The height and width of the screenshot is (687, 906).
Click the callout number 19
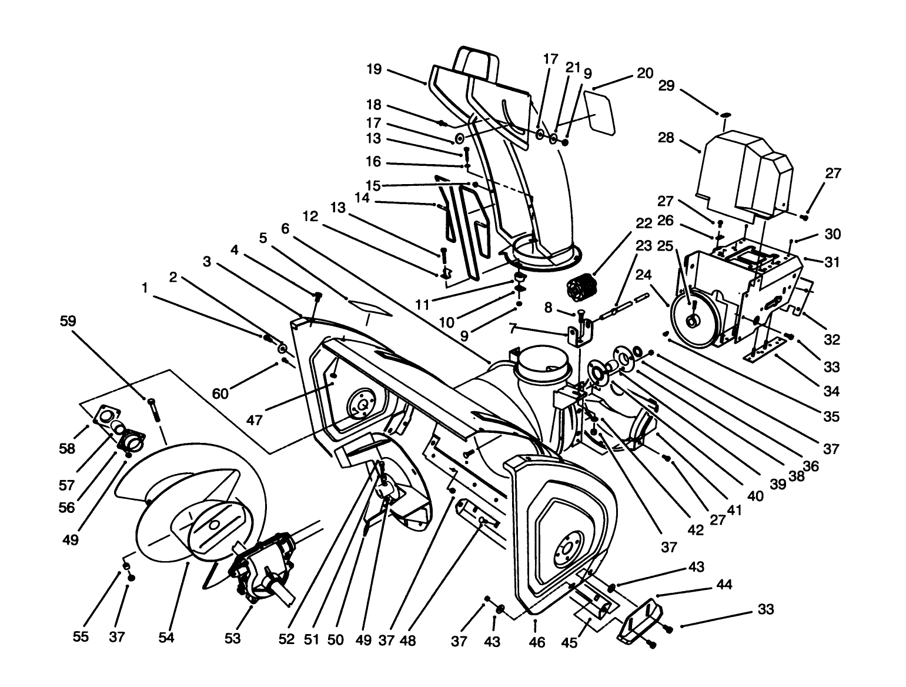(373, 70)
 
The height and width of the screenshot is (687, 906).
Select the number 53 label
(233, 638)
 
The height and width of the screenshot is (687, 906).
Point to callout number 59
(68, 322)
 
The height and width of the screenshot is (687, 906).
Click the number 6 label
(286, 229)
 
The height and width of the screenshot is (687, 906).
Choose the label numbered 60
(220, 392)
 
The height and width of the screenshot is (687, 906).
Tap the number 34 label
(831, 391)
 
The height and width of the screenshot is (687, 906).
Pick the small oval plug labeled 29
(726, 114)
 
